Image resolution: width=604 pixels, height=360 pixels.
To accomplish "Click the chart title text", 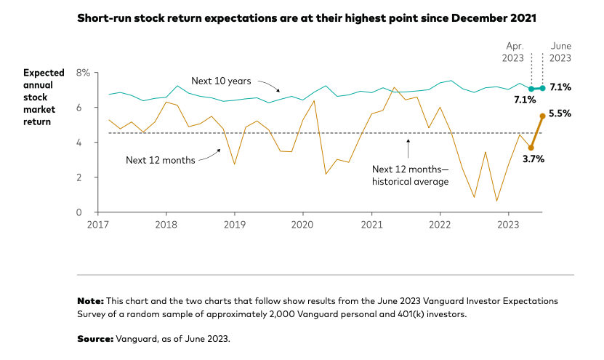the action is pyautogui.click(x=307, y=18).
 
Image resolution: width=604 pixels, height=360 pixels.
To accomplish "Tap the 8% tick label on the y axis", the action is pyautogui.click(x=83, y=73).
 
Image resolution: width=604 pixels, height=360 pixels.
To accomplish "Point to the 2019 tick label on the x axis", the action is pyautogui.click(x=235, y=224).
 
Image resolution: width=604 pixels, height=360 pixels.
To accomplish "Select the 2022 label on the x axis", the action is pyautogui.click(x=440, y=224).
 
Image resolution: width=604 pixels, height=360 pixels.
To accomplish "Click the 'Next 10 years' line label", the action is pyautogui.click(x=221, y=81).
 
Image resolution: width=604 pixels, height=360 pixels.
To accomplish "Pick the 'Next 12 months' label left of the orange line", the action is pyautogui.click(x=161, y=160).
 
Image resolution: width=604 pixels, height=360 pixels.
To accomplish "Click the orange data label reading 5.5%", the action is pyautogui.click(x=560, y=113).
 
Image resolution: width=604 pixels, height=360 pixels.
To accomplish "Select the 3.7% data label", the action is pyautogui.click(x=533, y=159).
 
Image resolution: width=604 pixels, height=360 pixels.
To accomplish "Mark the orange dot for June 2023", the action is pyautogui.click(x=542, y=116).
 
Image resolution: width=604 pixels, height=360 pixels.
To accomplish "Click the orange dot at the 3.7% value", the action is pyautogui.click(x=531, y=148).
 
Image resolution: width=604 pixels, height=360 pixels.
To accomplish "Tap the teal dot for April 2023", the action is pyautogui.click(x=531, y=89).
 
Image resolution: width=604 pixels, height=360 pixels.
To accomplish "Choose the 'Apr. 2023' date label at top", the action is pyautogui.click(x=512, y=52).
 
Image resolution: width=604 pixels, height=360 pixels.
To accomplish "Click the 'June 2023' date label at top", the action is pyautogui.click(x=560, y=52).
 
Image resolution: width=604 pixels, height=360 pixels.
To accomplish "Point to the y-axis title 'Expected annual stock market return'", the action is pyautogui.click(x=44, y=97).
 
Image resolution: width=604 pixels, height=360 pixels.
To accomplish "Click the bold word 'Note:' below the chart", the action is pyautogui.click(x=91, y=301).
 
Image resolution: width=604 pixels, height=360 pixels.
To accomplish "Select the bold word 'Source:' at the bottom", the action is pyautogui.click(x=95, y=339).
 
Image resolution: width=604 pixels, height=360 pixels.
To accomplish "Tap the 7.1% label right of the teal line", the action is pyautogui.click(x=560, y=87).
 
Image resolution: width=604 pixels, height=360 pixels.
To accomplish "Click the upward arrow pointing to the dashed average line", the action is pyautogui.click(x=408, y=148).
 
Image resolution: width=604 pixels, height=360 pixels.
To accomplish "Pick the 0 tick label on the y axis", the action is pyautogui.click(x=79, y=212).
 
